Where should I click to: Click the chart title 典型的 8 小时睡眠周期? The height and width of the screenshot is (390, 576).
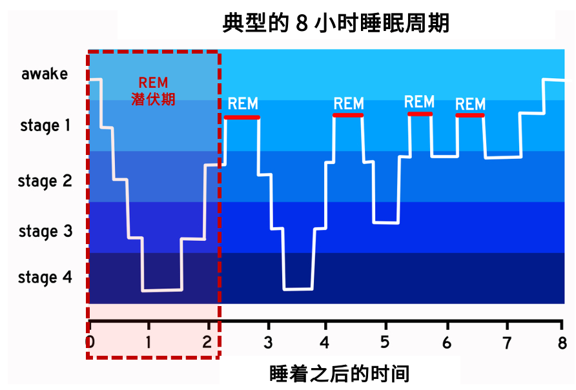coord(336,23)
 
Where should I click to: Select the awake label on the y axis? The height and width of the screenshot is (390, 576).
coord(45,74)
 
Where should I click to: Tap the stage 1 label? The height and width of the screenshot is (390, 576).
coord(45,126)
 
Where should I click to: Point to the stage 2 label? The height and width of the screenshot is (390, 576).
coord(45,181)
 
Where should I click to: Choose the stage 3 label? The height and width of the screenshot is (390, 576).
coord(46,231)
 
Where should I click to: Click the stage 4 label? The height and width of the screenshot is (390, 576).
coord(45,278)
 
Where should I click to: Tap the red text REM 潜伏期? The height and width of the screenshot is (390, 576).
coord(153,90)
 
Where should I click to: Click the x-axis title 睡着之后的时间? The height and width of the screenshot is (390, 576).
coord(339,374)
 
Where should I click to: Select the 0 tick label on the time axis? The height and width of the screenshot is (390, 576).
coord(90,342)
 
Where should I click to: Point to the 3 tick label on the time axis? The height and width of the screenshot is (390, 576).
coord(268,343)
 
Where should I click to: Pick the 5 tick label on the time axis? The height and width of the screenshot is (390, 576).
coord(385,342)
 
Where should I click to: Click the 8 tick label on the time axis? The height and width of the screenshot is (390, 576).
coord(562,343)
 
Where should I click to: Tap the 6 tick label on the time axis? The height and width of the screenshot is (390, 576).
coord(447,343)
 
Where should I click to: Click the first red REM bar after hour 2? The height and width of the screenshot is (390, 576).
coord(242,118)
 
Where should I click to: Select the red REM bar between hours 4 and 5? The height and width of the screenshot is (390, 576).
coord(348,116)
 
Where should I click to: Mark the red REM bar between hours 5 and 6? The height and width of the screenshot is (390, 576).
coord(420,114)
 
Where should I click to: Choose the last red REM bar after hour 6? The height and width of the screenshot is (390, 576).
coord(470,116)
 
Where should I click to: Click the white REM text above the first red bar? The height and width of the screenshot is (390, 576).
coord(243,103)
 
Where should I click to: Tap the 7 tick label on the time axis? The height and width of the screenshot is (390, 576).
coord(508,343)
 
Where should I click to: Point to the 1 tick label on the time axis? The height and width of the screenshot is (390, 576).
coord(149,342)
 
